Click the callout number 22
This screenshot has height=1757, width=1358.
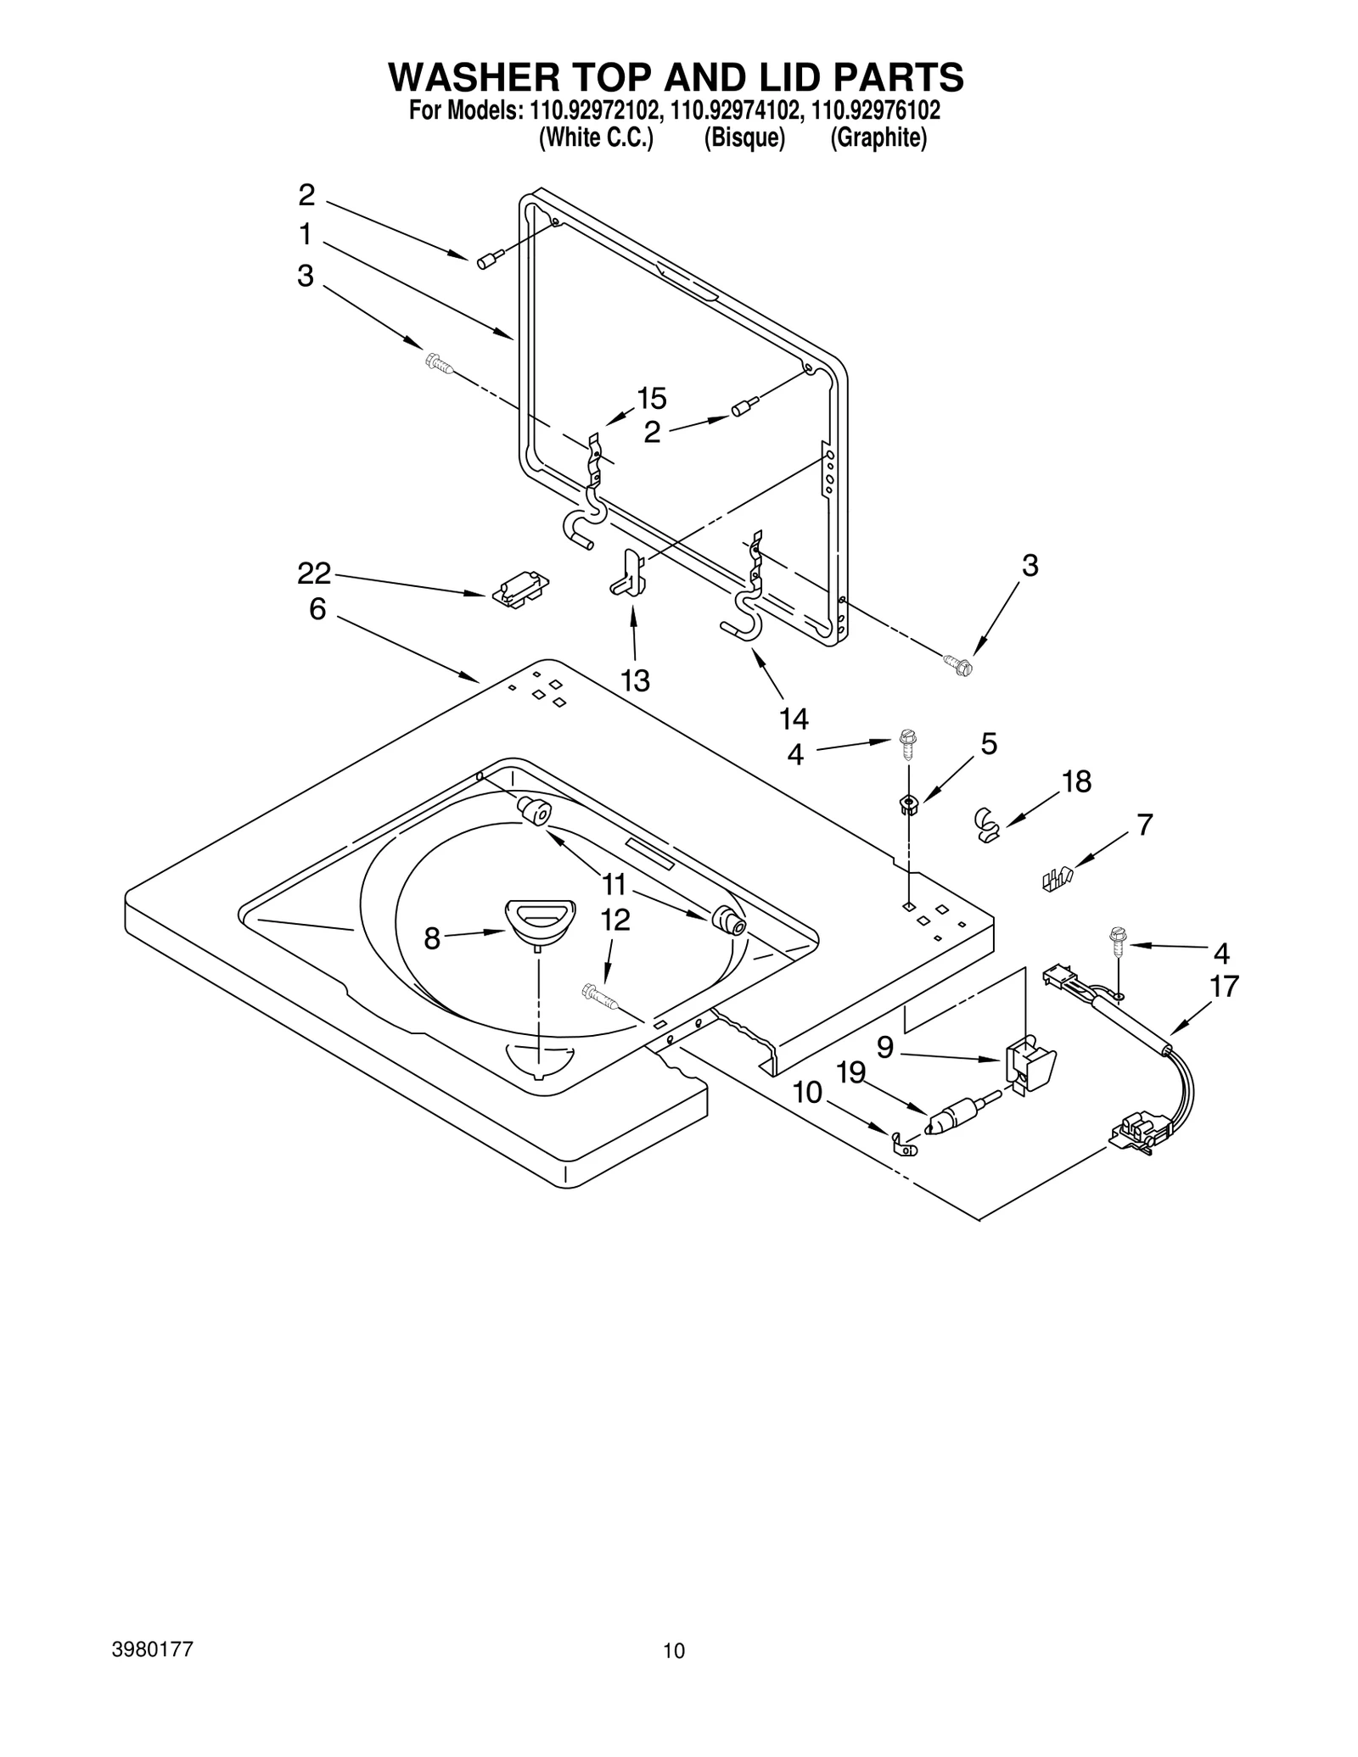[x=313, y=574]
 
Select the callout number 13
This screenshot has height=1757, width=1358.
[x=635, y=680]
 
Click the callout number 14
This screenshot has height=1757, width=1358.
[x=794, y=719]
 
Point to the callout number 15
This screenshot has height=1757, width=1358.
[x=652, y=398]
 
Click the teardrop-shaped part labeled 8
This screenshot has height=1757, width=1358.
[x=540, y=918]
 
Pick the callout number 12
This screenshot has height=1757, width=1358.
[x=616, y=920]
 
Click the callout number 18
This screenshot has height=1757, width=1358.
[x=1076, y=781]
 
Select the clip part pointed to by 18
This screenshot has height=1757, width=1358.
[x=985, y=823]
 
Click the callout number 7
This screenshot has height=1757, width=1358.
[x=1144, y=824]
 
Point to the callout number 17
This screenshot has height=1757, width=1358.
[x=1224, y=986]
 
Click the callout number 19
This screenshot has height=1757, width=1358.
[x=850, y=1073]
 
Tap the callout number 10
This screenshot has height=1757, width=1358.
[x=807, y=1092]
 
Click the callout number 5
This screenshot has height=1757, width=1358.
[x=989, y=744]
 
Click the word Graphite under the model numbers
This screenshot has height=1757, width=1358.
[x=878, y=138]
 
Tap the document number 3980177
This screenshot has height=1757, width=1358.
[x=153, y=1649]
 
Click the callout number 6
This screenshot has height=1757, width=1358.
[x=317, y=608]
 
